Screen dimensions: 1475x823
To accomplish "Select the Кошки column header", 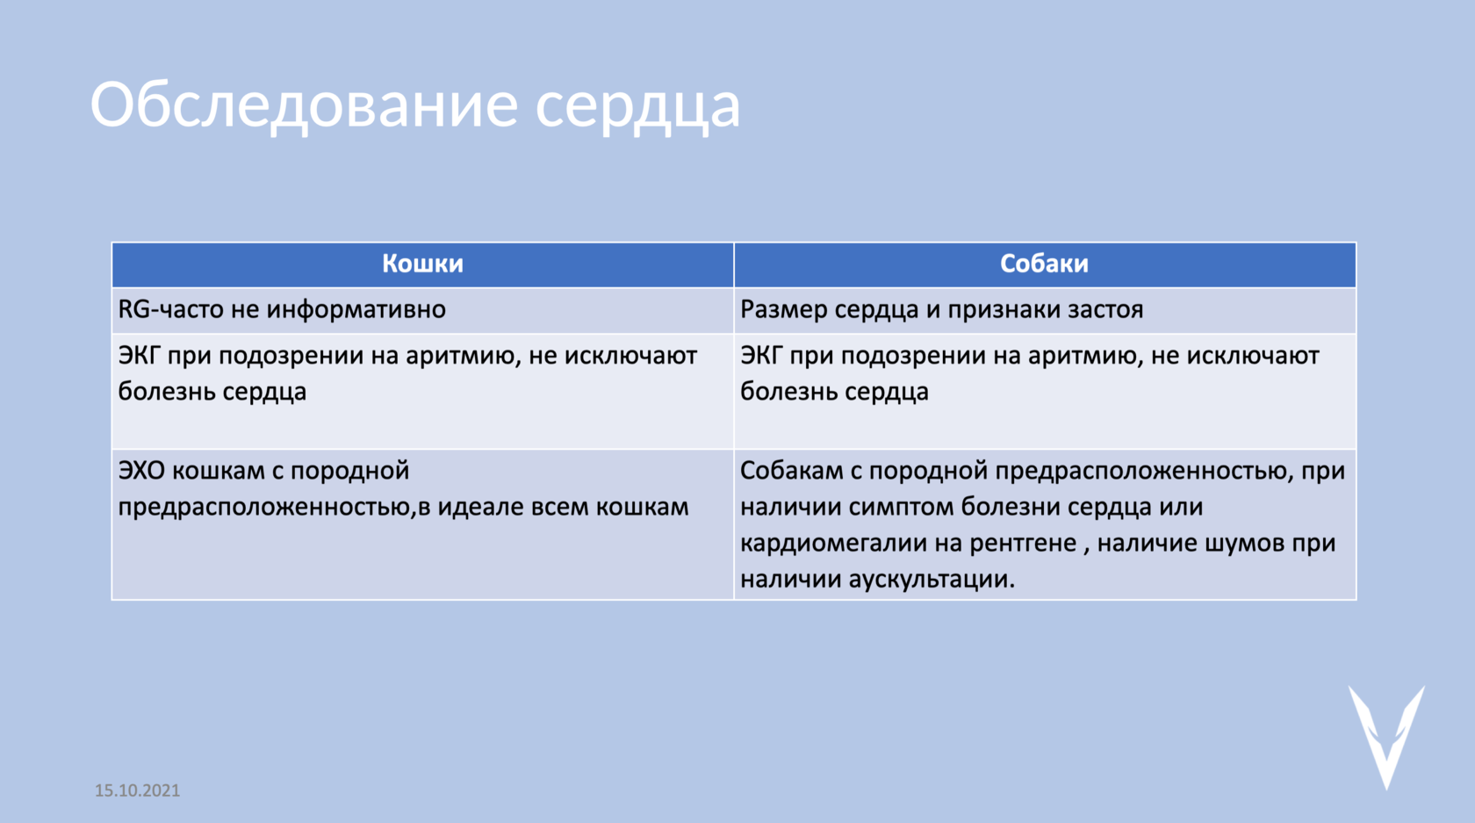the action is pos(423,264).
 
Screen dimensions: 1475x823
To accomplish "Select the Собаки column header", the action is pos(1045,264).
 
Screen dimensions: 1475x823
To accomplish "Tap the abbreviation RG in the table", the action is pos(134,309).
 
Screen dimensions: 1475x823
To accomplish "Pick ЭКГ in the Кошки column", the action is pos(139,356).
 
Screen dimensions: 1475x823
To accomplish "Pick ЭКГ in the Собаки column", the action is pos(761,356).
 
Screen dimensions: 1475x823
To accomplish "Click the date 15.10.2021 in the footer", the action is pos(137,791).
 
